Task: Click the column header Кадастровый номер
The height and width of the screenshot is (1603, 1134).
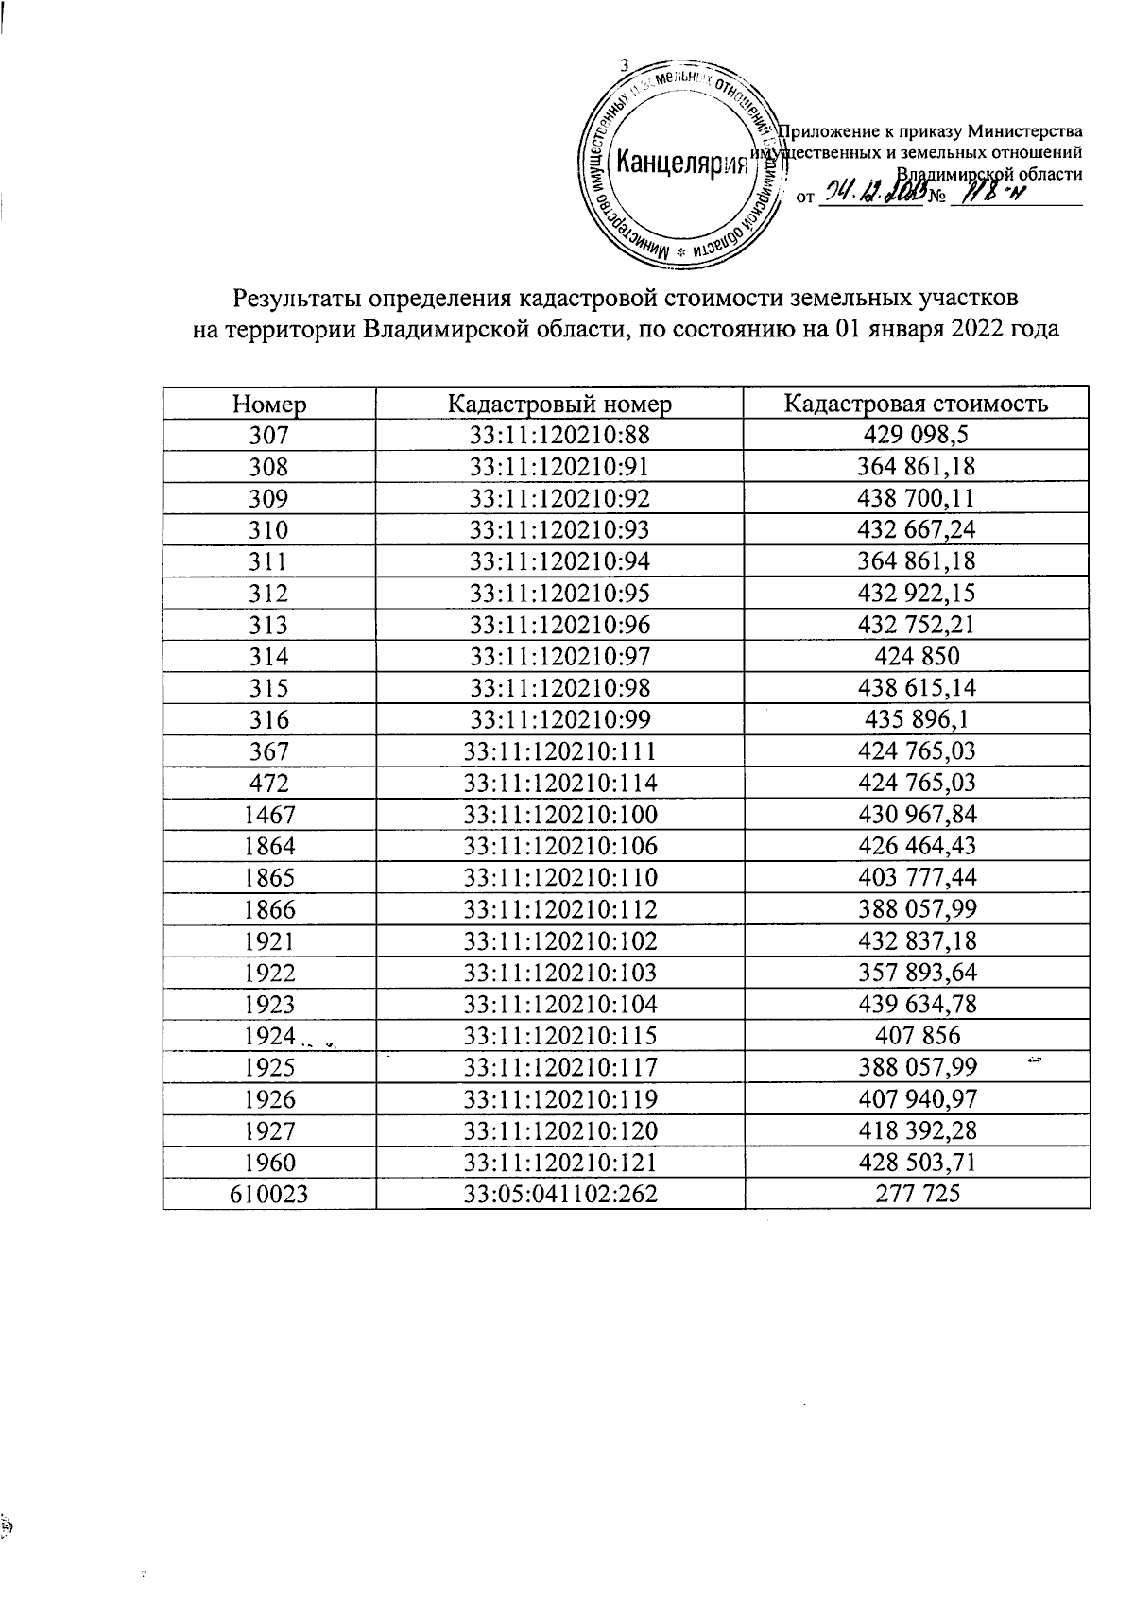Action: [559, 405]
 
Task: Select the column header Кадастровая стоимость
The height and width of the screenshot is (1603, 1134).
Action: [917, 405]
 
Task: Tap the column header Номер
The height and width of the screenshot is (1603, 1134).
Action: [269, 405]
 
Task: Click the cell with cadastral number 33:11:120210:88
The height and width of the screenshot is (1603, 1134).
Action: [559, 436]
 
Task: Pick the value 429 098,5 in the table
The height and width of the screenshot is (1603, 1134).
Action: [917, 436]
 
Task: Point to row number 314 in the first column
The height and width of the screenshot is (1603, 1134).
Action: [269, 657]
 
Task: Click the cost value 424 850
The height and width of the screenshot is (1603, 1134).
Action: [917, 657]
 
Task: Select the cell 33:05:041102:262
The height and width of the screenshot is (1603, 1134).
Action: [559, 1194]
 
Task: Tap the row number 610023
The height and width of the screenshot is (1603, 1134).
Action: [269, 1194]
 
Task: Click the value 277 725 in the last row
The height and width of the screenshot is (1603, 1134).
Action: [917, 1194]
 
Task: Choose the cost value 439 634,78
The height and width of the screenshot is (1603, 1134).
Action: [917, 1004]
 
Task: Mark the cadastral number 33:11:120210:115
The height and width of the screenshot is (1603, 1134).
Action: [559, 1036]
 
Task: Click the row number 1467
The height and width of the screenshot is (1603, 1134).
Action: [269, 815]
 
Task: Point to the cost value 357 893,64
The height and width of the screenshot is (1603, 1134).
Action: [917, 973]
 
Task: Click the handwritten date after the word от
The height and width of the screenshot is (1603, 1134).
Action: [873, 196]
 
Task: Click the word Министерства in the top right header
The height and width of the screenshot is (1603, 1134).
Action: [1026, 131]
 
